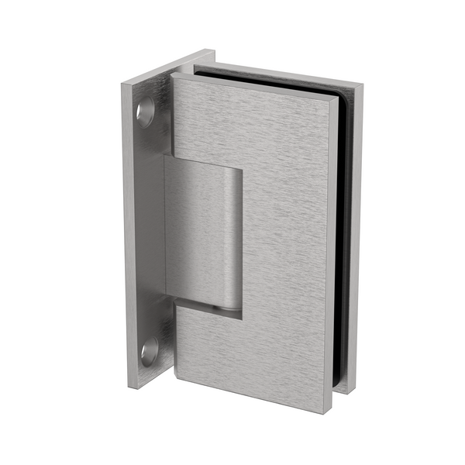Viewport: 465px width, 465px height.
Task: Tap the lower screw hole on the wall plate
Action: click(x=149, y=351)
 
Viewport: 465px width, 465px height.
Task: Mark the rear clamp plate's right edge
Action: click(x=357, y=232)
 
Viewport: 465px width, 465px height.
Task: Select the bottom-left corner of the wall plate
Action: click(x=130, y=385)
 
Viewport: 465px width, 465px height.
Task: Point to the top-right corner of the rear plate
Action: click(x=361, y=88)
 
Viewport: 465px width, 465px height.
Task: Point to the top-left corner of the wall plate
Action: click(x=124, y=83)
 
